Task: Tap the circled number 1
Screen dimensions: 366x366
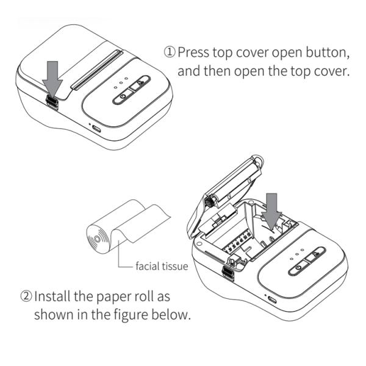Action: click(170, 52)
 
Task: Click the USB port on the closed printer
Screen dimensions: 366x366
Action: click(97, 127)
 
